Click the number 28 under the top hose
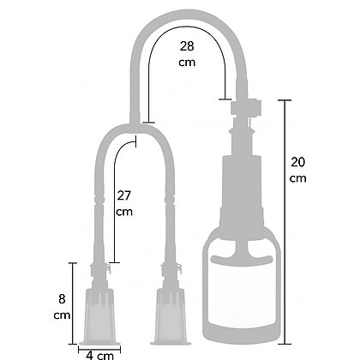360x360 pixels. pos(187,46)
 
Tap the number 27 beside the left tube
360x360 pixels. pos(123,195)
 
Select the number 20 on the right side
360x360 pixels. pos(297,162)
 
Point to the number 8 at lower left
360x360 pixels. pos(62,299)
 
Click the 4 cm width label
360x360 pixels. pos(99,356)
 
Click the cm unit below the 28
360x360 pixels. pos(187,63)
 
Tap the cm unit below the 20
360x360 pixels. pos(297,178)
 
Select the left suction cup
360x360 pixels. pos(99,316)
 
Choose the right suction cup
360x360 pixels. pos(171,316)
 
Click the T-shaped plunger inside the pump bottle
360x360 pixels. pos(242,255)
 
